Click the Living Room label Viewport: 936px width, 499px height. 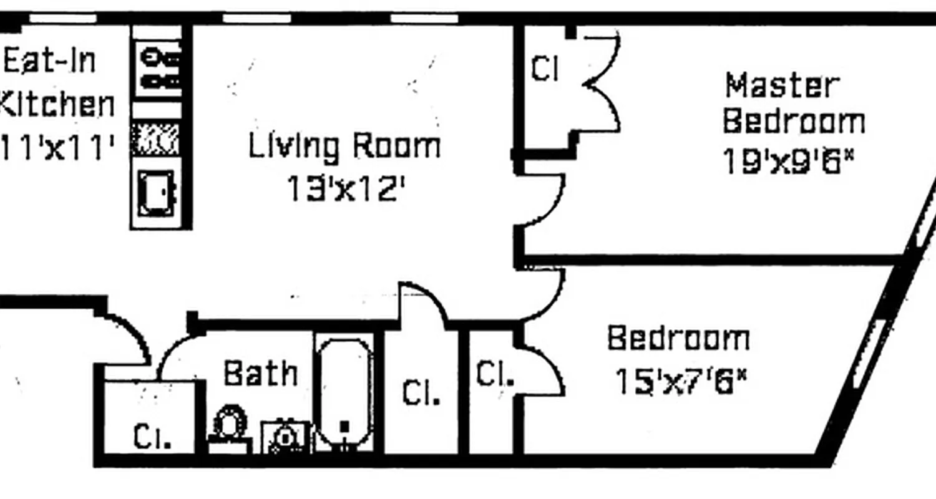344,146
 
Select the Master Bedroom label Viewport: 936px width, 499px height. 792,104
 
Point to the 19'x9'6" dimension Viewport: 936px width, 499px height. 787,162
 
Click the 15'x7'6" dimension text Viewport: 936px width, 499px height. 681,381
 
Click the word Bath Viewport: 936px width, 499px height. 260,373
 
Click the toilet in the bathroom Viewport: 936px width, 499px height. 229,425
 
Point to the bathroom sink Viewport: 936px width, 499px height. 285,436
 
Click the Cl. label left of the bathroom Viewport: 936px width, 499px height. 152,437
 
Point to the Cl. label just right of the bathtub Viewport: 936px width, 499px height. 421,393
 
